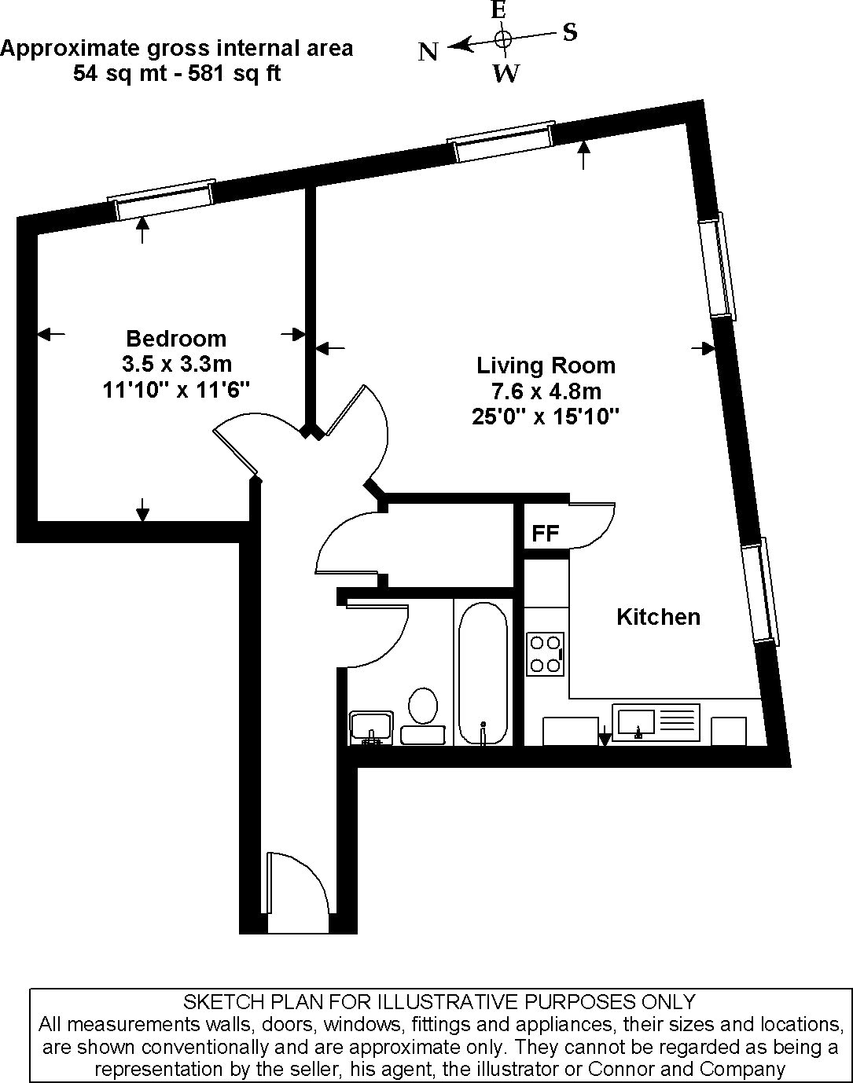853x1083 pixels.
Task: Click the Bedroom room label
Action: (x=176, y=339)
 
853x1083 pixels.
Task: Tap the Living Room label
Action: (x=546, y=365)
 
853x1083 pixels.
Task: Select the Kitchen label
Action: (x=658, y=617)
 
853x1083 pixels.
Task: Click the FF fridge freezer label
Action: (x=545, y=534)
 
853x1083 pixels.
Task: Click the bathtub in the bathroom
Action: (x=482, y=672)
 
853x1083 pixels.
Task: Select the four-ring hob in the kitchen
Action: (x=545, y=653)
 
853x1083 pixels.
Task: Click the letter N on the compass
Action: (x=428, y=53)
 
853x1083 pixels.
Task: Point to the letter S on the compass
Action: (x=570, y=32)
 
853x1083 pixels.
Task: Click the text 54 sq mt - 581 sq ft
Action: (x=177, y=74)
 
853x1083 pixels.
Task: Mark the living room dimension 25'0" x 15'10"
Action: (x=546, y=417)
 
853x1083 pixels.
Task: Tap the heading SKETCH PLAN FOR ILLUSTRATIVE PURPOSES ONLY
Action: (x=439, y=1002)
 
